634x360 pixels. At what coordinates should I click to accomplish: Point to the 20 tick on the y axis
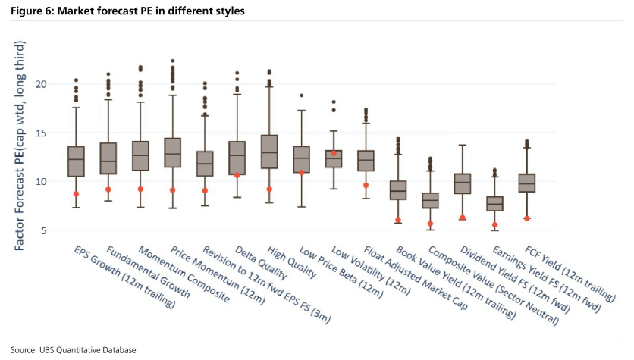pyautogui.click(x=41, y=84)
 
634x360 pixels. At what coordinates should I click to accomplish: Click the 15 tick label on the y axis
pyautogui.click(x=41, y=133)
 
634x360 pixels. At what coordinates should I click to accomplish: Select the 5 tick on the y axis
pyautogui.click(x=43, y=230)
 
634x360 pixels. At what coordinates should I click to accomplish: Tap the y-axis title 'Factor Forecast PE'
pyautogui.click(x=19, y=190)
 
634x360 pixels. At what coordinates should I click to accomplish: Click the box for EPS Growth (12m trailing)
pyautogui.click(x=76, y=161)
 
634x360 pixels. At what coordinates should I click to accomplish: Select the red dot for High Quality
pyautogui.click(x=269, y=189)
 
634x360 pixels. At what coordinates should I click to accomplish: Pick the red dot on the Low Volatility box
pyautogui.click(x=334, y=153)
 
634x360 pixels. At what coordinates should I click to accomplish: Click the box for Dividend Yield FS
pyautogui.click(x=463, y=184)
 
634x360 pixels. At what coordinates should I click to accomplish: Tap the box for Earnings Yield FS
pyautogui.click(x=494, y=204)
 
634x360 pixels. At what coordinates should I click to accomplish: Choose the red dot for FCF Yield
pyautogui.click(x=527, y=218)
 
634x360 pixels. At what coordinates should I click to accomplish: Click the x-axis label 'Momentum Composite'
pyautogui.click(x=184, y=274)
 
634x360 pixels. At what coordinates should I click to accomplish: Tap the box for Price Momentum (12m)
pyautogui.click(x=173, y=153)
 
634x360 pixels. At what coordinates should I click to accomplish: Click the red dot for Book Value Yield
pyautogui.click(x=398, y=221)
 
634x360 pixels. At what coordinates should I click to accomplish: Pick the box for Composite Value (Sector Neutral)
pyautogui.click(x=430, y=200)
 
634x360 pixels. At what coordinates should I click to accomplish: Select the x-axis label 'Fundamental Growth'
pyautogui.click(x=148, y=271)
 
